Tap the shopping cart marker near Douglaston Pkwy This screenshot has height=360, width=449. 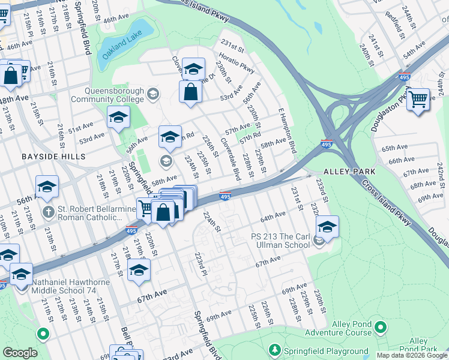pyautogui.click(x=418, y=100)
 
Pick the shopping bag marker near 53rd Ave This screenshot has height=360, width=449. pyautogui.click(x=190, y=92)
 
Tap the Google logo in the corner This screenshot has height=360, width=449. pyautogui.click(x=19, y=353)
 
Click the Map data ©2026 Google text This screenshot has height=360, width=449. pyautogui.click(x=412, y=355)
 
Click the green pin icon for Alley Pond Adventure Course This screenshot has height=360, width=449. pyautogui.click(x=379, y=328)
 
